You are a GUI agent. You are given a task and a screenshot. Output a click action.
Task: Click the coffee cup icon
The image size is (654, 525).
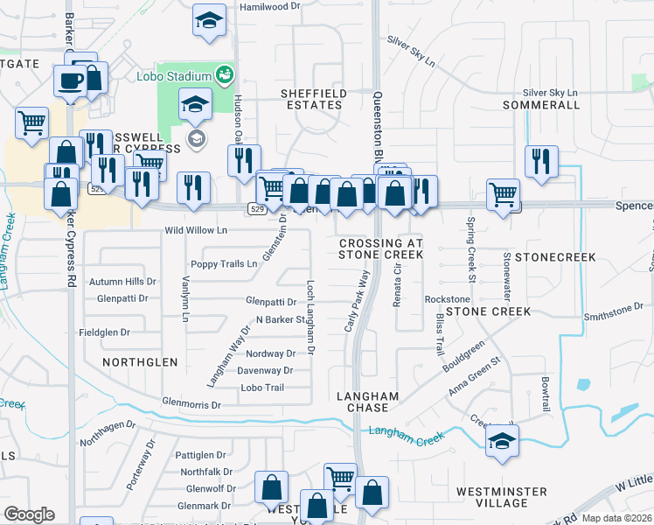(x=69, y=80)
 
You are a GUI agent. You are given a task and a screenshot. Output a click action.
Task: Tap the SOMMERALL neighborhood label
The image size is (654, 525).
(x=542, y=105)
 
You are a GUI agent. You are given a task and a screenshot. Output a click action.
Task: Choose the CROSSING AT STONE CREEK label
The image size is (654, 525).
(x=380, y=248)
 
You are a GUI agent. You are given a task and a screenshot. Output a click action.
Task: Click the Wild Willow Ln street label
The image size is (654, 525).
(x=196, y=231)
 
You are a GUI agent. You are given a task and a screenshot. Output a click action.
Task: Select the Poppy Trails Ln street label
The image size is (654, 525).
(x=225, y=263)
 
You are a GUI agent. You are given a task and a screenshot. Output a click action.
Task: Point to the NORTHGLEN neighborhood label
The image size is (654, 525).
(x=140, y=361)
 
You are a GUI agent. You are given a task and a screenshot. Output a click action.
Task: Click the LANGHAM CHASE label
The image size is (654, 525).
(x=368, y=403)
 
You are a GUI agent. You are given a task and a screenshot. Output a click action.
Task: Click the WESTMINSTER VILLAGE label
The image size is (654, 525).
(x=503, y=497)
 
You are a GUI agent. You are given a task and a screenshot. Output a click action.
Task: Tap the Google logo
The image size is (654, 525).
(x=29, y=514)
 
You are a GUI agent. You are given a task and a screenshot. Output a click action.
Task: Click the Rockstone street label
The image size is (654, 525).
(x=447, y=299)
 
